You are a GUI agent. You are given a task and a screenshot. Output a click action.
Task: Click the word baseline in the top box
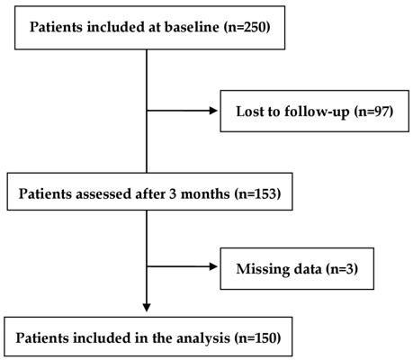(192, 27)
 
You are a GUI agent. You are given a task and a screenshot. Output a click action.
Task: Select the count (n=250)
(247, 27)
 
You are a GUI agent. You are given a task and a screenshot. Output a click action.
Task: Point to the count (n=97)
(373, 112)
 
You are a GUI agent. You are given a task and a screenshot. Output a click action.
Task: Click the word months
(205, 193)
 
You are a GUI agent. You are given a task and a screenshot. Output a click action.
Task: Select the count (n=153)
(257, 194)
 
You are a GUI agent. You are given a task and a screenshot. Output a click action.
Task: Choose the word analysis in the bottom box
(203, 338)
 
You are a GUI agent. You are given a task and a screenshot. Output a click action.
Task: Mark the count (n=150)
(257, 338)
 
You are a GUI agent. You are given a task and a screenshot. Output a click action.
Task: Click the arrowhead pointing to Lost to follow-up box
(213, 111)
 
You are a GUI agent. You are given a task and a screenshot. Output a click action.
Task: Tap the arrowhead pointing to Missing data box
(213, 266)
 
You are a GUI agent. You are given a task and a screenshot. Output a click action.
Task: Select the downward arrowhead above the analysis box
(147, 308)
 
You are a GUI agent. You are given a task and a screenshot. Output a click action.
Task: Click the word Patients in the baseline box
(56, 27)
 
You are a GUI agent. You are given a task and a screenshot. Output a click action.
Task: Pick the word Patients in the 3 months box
(45, 193)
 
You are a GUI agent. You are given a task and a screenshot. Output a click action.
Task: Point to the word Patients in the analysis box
(42, 338)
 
